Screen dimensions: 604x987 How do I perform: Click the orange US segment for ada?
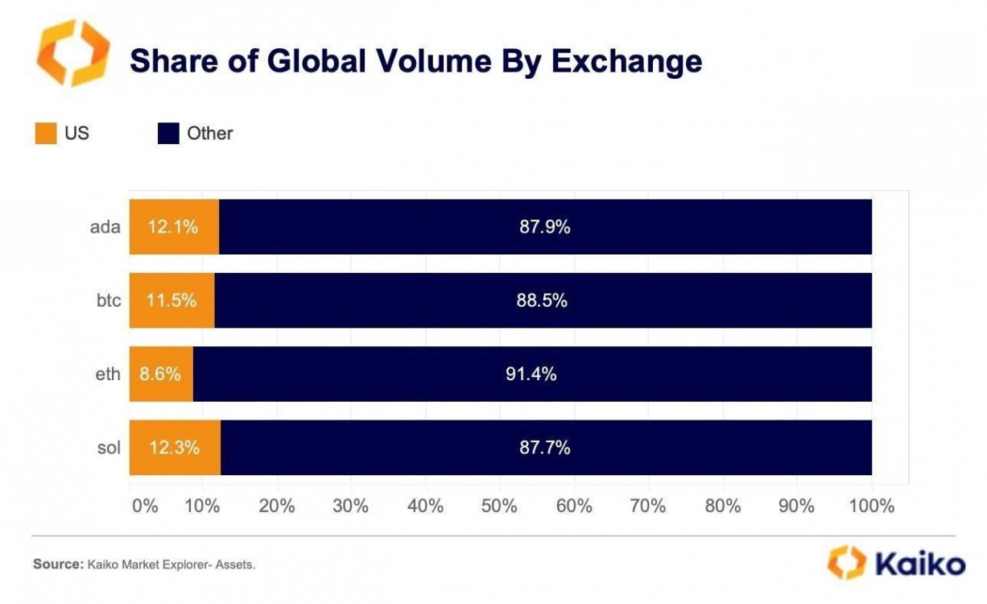174,227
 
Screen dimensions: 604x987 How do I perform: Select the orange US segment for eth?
161,374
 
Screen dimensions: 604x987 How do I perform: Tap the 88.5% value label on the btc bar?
542,300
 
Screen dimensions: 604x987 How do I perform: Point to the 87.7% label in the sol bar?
544,448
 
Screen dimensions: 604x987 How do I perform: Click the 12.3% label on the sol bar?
173,448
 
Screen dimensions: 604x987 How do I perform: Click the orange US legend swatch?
46,134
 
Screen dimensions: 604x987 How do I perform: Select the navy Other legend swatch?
168,134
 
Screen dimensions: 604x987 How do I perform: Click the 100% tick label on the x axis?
872,507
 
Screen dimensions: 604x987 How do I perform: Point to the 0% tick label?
145,507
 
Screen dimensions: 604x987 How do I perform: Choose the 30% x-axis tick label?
351,507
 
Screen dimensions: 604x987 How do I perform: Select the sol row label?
109,448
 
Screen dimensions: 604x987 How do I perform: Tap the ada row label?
105,227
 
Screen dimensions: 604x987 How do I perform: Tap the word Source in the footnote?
56,565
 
